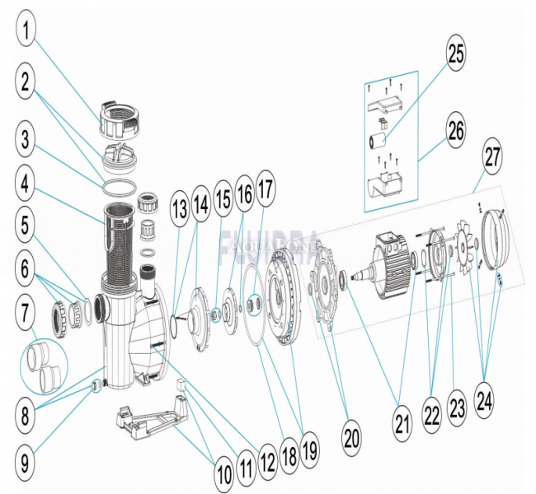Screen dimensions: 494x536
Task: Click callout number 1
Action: (29, 33)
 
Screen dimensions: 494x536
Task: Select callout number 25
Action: (456, 54)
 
